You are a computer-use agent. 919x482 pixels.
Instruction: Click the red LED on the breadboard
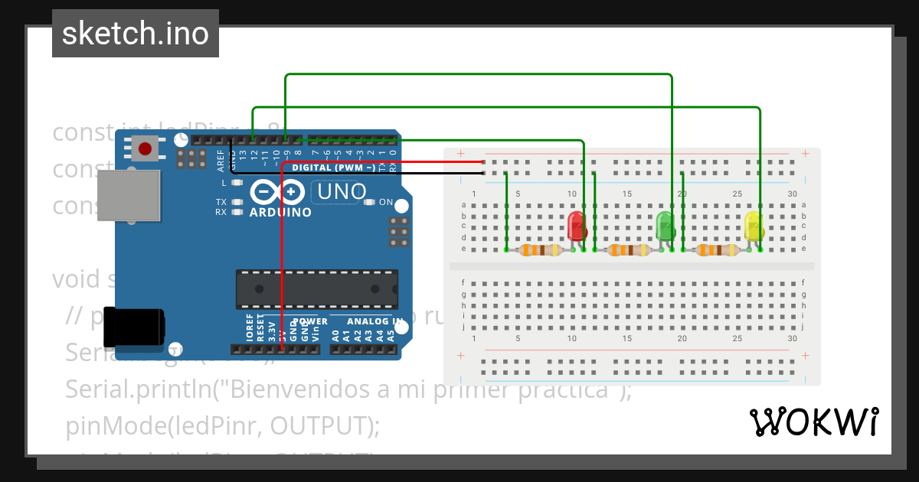[x=576, y=226]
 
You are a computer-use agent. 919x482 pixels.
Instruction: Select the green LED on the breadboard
[x=665, y=225]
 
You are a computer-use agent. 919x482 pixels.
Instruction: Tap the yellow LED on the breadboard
[x=754, y=225]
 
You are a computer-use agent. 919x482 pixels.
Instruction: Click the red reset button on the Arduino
[x=145, y=148]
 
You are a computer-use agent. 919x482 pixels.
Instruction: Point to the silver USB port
[x=129, y=195]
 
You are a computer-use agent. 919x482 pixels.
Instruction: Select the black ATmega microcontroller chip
[x=316, y=288]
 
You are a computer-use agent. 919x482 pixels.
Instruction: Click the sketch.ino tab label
[x=136, y=34]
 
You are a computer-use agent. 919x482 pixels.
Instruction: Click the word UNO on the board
[x=342, y=191]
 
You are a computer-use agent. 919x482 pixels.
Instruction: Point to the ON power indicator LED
[x=385, y=203]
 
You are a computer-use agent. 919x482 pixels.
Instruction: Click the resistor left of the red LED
[x=541, y=250]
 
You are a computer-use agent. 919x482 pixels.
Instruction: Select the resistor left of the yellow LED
[x=717, y=250]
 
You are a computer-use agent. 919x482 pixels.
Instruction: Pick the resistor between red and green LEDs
[x=628, y=250]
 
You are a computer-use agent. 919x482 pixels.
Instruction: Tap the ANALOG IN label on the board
[x=374, y=321]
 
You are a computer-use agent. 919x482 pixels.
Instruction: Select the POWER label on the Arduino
[x=310, y=321]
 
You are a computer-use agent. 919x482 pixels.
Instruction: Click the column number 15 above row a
[x=627, y=194]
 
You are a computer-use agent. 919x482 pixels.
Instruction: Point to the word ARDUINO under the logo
[x=280, y=212]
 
